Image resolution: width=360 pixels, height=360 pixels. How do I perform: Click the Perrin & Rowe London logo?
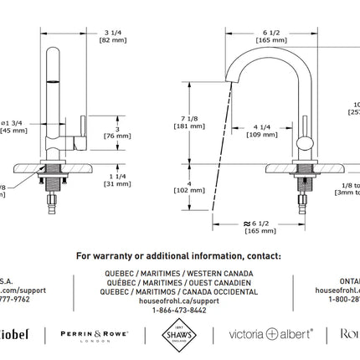94,334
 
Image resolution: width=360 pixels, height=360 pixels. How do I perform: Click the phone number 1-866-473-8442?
178,309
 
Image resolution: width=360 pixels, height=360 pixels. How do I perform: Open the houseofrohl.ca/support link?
178,301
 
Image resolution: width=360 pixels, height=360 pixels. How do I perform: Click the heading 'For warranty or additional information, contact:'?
178,256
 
